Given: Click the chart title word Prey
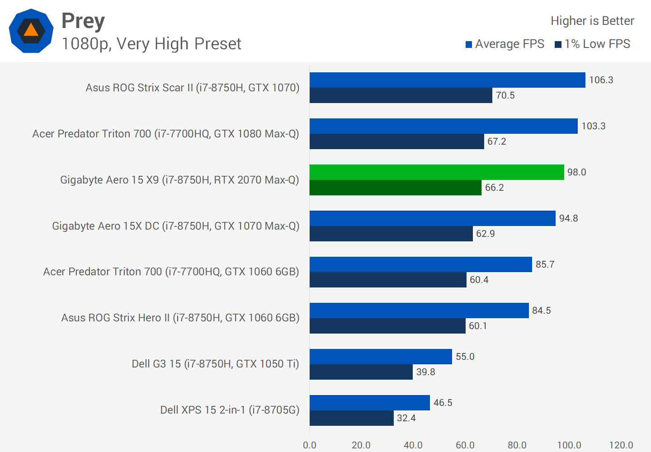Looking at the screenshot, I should coord(83,21).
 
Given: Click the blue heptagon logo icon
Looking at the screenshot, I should coord(31,31).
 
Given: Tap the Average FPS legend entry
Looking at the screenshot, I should coord(505,44).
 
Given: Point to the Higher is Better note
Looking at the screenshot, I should coord(592,21).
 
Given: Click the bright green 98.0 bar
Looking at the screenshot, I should coord(437,172).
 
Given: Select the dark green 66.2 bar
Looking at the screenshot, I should coord(396,188).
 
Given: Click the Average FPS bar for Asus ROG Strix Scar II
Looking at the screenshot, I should coord(447,80).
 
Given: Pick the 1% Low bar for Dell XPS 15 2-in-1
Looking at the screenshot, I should coord(351,418).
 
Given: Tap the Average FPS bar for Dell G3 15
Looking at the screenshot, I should coord(381,357).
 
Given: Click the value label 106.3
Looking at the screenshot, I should coord(601,80).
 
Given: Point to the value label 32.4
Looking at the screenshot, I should coord(406,418).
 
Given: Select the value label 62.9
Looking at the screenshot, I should coord(485,234).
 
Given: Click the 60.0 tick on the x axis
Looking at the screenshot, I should coord(465,445).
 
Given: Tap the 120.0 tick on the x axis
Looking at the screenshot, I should coord(621,445).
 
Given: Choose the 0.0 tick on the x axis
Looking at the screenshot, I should coord(310,445).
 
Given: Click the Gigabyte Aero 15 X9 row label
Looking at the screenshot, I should coord(179,180).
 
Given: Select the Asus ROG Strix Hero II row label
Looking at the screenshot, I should coord(180,318).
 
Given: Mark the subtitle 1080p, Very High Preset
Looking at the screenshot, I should coord(151,44).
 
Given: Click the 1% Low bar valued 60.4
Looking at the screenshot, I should coord(388,280).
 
